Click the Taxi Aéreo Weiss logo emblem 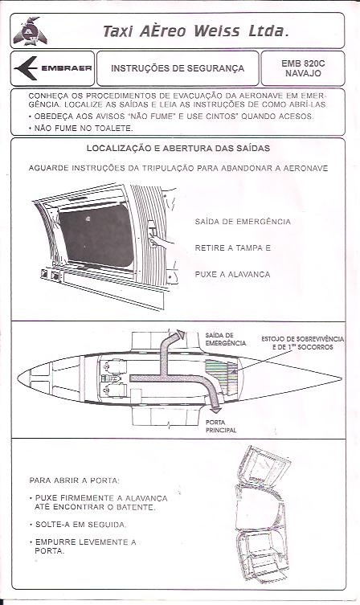30,31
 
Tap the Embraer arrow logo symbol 26,68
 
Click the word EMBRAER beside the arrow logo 67,68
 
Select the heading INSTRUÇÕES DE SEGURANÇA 178,68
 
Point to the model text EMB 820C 303,63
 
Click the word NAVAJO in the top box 303,73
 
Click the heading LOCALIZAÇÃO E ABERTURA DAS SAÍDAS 178,148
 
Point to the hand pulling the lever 162,242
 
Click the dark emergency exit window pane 96,235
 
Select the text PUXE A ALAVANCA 232,274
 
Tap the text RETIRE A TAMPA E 233,247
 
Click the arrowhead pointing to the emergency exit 178,335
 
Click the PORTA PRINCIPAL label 221,426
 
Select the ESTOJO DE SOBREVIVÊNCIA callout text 302,342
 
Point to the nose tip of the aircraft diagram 18,378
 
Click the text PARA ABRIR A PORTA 75,480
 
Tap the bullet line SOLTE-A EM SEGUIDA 78,525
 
